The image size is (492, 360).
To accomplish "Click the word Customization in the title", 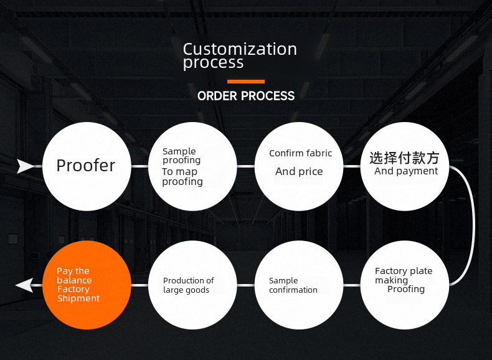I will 240,49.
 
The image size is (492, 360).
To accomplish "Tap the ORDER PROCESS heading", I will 246,96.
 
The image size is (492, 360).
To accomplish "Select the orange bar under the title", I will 246,82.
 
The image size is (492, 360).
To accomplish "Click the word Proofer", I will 86,166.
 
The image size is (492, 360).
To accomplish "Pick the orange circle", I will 87,285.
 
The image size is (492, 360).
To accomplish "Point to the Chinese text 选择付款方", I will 404,158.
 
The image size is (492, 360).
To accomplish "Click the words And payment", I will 406,171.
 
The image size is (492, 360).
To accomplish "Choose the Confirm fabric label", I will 300,153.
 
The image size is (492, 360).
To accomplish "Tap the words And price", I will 299,172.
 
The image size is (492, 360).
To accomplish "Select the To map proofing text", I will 182,177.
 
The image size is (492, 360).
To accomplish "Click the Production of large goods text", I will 188,285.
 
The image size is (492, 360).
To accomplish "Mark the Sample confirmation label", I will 293,285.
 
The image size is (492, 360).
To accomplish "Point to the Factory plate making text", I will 403,275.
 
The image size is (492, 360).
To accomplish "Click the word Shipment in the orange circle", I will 78,298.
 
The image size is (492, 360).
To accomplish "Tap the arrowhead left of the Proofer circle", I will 26,166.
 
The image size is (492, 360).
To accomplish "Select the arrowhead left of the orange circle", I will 24,285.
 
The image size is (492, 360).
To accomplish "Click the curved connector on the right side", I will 473,225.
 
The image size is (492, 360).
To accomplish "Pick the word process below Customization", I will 213,63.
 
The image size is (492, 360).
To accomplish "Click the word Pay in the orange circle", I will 65,271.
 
